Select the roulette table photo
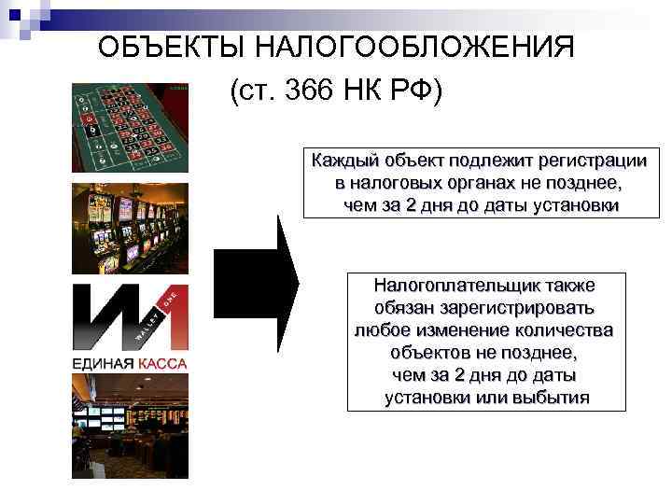[x=129, y=128]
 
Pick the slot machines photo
[x=129, y=228]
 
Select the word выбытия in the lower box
[x=550, y=398]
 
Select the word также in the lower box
[x=568, y=285]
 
